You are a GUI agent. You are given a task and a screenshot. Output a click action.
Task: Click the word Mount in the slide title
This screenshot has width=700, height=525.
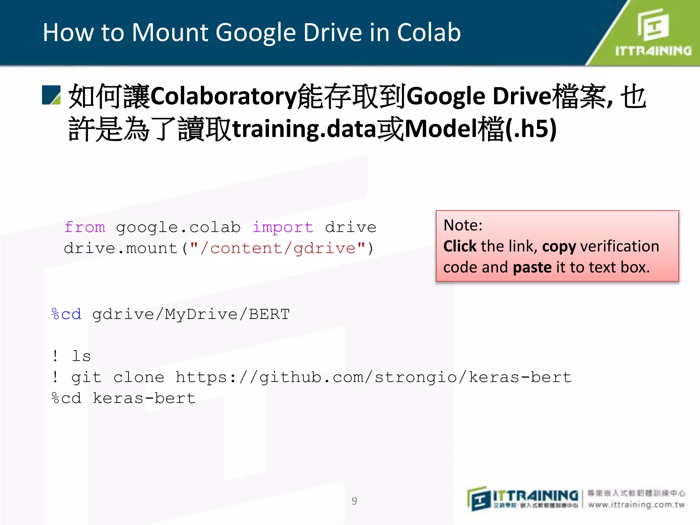coord(170,33)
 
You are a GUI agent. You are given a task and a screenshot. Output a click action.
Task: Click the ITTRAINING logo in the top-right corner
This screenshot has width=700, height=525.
coord(653,33)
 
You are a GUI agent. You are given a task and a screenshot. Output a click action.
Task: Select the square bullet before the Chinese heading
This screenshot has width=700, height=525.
coord(51,95)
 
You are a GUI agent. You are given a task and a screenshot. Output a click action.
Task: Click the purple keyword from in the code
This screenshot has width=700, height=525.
coord(85,227)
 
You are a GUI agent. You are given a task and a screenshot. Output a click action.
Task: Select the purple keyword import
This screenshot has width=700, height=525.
coord(283,227)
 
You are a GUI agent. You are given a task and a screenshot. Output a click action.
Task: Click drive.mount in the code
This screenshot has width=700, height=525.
coord(120,248)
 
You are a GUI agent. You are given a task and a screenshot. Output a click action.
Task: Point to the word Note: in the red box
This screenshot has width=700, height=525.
coord(463,225)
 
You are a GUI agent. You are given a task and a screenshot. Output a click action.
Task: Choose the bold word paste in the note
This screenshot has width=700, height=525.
coord(532,267)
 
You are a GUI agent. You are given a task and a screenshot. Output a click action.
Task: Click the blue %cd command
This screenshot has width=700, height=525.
coord(66,314)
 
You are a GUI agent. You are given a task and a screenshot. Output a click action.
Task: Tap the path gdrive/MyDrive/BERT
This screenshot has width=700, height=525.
coord(191,314)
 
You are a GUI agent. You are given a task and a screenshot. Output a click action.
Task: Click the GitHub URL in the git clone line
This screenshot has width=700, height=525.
coord(373,377)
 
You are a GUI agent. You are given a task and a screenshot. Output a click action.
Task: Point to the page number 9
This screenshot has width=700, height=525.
coord(354,501)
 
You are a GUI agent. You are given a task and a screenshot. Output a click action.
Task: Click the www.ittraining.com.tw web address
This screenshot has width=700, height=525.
coord(636,505)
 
